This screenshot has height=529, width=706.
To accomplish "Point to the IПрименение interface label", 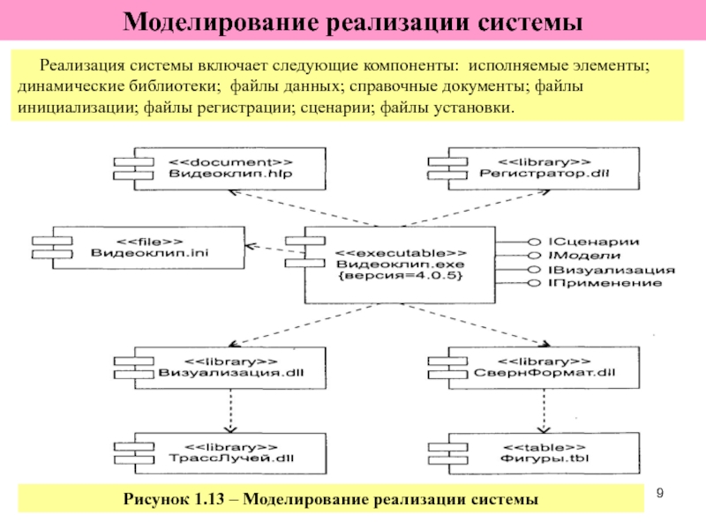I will tap(605, 283).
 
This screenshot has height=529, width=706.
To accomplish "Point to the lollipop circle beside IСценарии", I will tap(532, 241).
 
